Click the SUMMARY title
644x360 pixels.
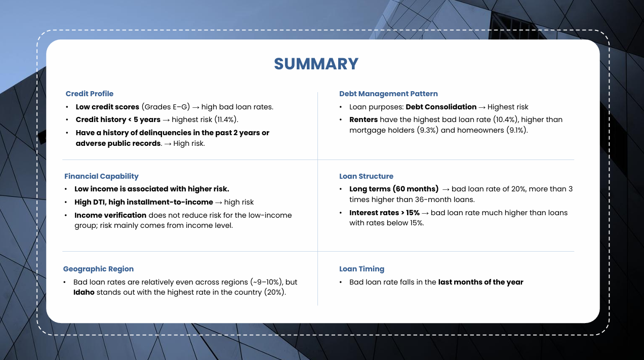316,64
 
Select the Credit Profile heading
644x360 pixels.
90,94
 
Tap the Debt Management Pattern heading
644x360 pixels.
388,94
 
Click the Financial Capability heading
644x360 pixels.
101,176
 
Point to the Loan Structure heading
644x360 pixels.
366,176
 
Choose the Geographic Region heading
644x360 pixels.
98,269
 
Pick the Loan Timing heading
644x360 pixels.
361,269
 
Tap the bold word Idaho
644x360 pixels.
84,293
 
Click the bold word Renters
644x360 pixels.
364,119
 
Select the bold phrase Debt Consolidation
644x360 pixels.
441,107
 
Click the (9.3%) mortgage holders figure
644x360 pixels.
427,130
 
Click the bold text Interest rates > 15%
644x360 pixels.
384,213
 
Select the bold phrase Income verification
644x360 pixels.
110,215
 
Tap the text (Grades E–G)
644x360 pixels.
166,107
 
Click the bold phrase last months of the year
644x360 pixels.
480,282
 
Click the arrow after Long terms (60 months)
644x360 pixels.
446,189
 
